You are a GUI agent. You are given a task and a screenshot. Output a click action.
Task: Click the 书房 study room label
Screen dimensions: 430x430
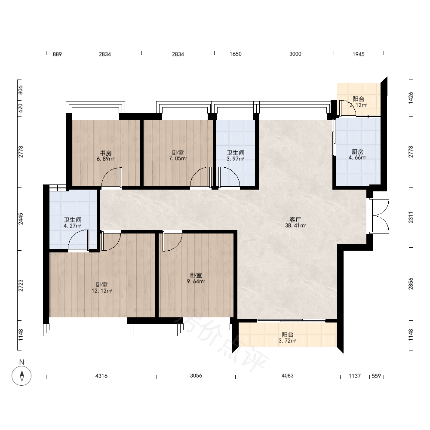coord(106,153)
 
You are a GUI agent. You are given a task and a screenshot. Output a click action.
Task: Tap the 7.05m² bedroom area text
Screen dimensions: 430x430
coord(178,159)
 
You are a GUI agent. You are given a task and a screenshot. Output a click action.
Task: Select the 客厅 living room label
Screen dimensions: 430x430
coord(295,220)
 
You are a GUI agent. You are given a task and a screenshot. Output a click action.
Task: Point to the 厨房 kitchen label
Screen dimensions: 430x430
coord(358,152)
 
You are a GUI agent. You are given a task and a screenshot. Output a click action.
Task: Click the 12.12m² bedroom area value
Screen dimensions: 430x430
coord(102,291)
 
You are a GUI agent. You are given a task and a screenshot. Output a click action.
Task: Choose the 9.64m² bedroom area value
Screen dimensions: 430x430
coord(196,281)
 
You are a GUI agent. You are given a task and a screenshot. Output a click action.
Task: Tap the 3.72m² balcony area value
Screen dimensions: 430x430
coord(287,341)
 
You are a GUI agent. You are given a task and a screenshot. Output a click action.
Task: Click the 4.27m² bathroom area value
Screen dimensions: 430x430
coord(72,226)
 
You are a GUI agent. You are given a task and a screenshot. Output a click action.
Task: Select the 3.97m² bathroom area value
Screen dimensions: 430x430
coord(235,159)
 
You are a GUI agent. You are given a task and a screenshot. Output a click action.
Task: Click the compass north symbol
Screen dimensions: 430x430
coord(21,375)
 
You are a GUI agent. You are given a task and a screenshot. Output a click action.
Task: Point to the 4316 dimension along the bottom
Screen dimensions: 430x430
coord(101,376)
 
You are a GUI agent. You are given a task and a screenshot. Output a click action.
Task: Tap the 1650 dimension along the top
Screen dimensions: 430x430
coord(236,54)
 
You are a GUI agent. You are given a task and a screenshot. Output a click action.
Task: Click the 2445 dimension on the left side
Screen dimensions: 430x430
coord(21,219)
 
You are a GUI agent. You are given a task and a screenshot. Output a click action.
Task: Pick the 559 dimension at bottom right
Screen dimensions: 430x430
coord(376,376)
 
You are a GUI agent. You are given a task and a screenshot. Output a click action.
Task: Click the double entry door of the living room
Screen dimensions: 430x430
coord(379,216)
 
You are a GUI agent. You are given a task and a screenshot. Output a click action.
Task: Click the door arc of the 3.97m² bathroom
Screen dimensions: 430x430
coord(229,177)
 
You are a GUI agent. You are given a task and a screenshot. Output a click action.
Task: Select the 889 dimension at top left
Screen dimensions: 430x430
coord(57,54)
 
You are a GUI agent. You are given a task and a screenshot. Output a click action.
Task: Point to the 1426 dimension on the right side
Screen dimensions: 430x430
coord(411,98)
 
